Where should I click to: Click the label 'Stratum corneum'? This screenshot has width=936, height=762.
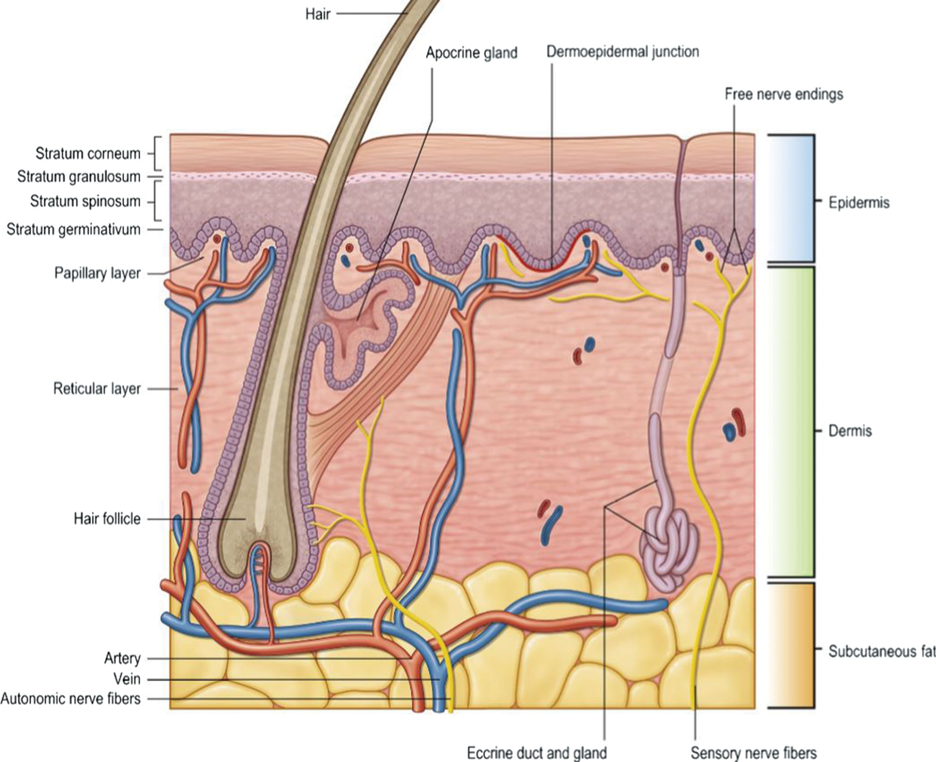point(88,154)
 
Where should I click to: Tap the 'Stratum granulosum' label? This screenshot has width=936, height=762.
point(79,177)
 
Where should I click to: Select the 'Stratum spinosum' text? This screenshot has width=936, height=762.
point(85,201)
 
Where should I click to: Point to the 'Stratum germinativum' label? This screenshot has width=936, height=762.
point(73,229)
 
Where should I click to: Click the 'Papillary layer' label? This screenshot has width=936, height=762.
point(97,273)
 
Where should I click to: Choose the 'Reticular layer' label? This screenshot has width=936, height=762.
point(97,388)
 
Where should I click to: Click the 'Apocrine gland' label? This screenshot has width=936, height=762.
point(471,53)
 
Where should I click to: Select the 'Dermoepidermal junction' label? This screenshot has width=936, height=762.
point(623,52)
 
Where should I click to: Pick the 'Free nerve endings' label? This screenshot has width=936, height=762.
point(784,94)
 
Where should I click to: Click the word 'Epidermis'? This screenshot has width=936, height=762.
point(859,203)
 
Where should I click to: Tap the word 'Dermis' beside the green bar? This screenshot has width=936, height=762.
point(850,431)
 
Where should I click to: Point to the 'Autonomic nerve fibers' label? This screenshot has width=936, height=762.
point(70,699)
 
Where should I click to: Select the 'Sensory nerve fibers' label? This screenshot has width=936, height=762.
point(753,753)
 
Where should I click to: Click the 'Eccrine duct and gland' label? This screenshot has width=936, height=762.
point(537,753)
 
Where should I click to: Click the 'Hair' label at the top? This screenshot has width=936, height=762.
point(317,15)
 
